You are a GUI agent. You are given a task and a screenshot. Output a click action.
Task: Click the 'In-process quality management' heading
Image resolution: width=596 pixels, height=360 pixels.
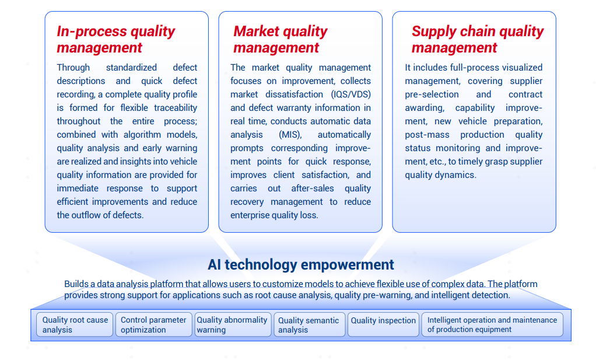coord(116,39)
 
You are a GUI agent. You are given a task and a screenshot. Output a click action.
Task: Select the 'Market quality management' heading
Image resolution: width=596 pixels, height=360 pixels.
coord(280,39)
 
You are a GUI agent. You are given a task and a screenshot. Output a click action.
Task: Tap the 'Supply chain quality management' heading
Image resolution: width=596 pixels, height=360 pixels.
coord(478,39)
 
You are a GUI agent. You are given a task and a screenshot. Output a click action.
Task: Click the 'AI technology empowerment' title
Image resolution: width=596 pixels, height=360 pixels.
coord(301,264)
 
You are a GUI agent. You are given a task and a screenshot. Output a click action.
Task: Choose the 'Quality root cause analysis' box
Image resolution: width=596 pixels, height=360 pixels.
coord(75,324)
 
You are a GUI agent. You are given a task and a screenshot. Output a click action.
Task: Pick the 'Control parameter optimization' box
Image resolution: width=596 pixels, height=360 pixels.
coord(153,324)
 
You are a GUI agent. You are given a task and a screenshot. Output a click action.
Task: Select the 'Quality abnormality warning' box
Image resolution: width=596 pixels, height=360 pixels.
coord(233,324)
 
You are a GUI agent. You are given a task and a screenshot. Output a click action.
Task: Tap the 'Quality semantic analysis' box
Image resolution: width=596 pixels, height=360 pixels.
coord(310,324)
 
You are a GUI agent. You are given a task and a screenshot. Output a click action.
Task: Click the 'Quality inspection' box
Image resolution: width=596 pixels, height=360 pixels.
coord(383,324)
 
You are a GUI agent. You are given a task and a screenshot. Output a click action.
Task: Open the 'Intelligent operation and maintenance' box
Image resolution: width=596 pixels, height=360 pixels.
coord(492,324)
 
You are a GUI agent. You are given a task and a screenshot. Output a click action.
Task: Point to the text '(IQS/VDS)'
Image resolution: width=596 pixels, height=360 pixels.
coord(350,95)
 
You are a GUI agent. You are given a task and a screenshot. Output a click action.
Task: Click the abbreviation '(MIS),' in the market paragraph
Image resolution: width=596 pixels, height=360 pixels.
coord(290,135)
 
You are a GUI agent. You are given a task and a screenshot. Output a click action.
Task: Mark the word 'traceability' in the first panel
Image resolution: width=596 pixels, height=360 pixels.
coord(176,107)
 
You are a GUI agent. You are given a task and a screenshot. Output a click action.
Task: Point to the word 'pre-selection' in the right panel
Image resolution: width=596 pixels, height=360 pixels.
coord(432,95)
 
